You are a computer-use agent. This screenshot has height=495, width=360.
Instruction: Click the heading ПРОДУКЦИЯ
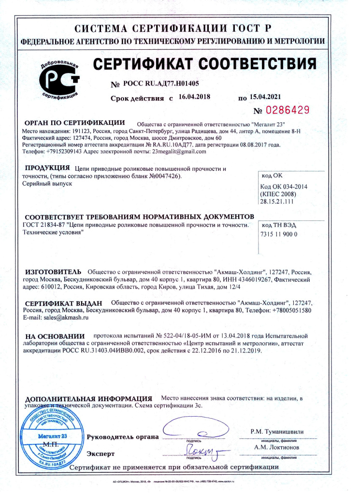click(x=47, y=168)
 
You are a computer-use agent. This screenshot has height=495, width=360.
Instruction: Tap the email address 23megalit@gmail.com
click(x=179, y=151)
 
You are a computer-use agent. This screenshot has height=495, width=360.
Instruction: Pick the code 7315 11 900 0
click(x=279, y=234)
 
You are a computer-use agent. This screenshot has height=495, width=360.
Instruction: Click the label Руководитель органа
click(x=122, y=437)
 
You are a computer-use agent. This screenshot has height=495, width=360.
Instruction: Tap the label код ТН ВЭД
click(x=278, y=225)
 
